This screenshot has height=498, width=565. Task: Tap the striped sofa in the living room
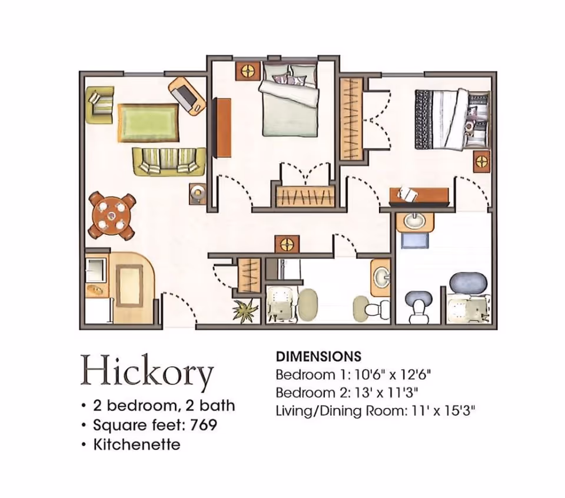click(168, 161)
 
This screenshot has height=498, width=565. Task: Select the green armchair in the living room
click(100, 104)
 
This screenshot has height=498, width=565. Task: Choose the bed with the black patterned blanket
click(450, 118)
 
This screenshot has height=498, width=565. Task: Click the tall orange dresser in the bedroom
click(223, 128)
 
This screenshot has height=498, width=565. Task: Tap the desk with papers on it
click(420, 195)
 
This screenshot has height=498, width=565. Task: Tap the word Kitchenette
click(137, 444)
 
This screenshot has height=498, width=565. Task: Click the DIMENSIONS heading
click(318, 356)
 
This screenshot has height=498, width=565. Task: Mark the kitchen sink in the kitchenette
click(94, 289)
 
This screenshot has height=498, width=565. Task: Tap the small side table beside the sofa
click(198, 193)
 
